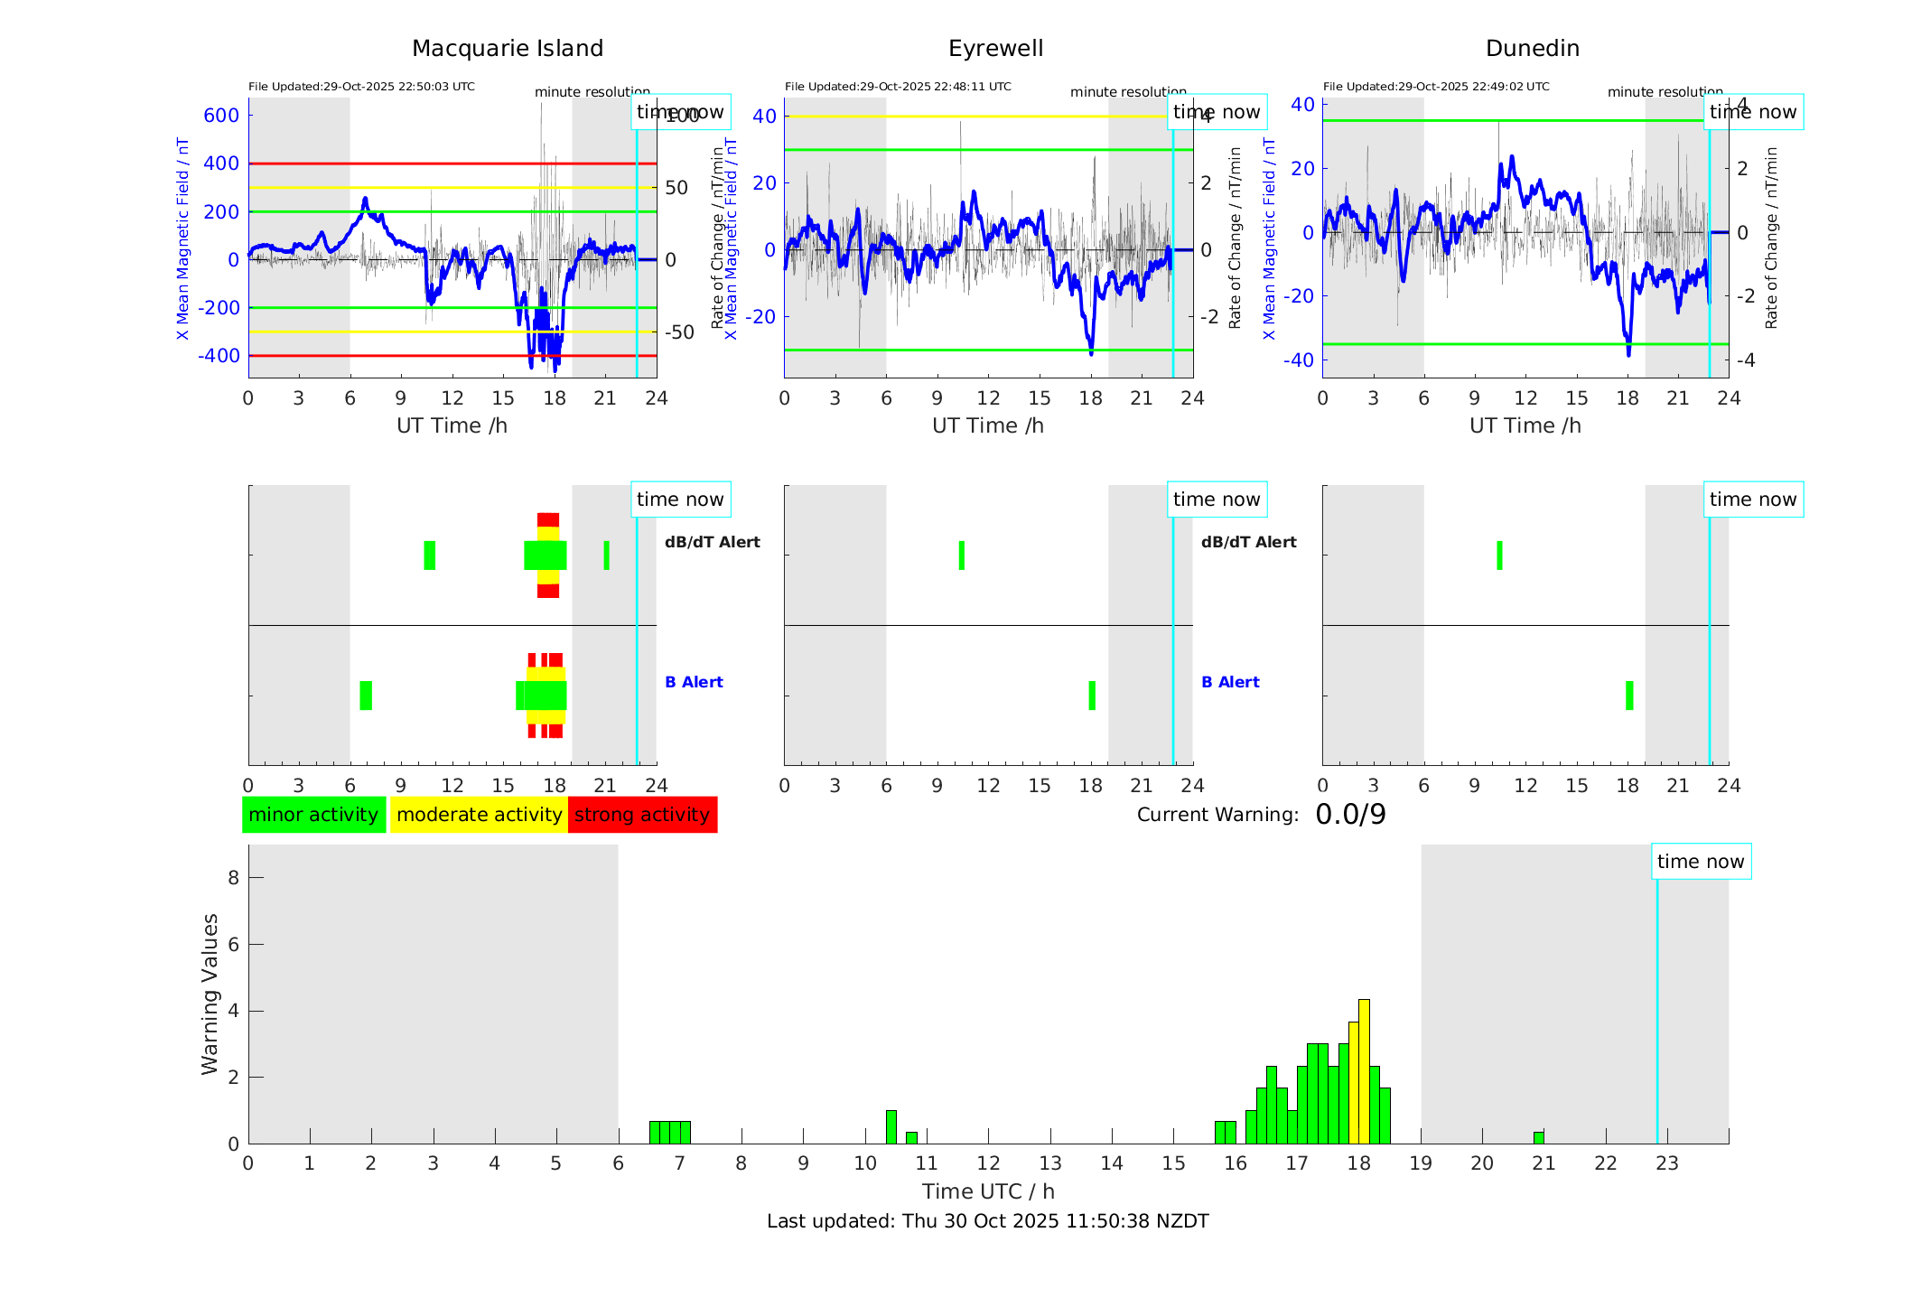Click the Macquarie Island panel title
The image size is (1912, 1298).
pos(507,49)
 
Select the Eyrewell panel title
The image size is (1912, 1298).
pos(995,49)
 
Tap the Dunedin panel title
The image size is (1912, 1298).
pos(1532,49)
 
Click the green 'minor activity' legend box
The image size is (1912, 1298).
pos(313,815)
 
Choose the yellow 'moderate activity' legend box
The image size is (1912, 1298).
pos(479,815)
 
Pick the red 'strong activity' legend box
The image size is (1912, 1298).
pos(642,815)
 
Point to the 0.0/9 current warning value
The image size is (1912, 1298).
pos(1350,815)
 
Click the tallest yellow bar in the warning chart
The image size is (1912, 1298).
pos(1364,1070)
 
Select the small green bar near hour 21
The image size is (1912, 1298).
pos(1538,1137)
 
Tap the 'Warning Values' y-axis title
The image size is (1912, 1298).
pos(210,994)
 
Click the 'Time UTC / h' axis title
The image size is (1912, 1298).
pos(988,1191)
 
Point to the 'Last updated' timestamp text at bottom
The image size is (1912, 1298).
pos(987,1221)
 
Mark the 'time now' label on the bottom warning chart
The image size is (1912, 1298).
pos(1701,862)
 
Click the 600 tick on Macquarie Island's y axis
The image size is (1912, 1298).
pos(221,116)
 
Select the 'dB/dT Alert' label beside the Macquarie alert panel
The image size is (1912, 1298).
pos(712,542)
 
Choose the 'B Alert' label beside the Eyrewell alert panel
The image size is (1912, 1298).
pos(1230,682)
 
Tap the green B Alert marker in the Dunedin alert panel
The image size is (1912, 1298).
pos(1629,696)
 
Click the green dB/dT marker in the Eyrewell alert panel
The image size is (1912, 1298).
pos(962,556)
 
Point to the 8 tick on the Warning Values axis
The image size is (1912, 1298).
pos(233,878)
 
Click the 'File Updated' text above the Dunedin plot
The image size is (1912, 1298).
pos(1436,87)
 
